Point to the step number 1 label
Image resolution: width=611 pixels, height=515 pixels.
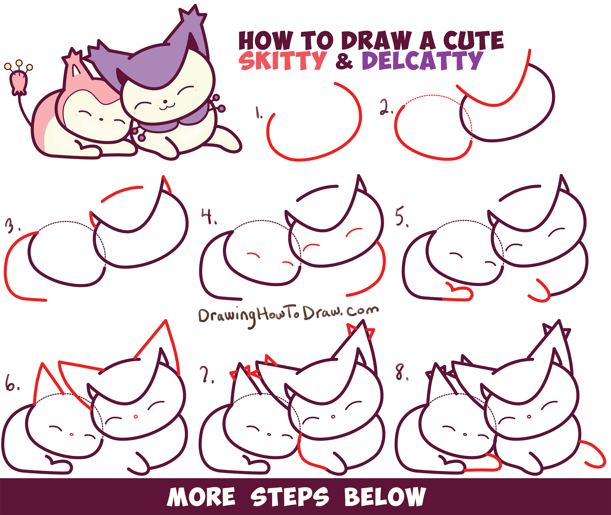(x=259, y=113)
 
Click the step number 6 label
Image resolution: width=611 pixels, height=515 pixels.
(x=12, y=384)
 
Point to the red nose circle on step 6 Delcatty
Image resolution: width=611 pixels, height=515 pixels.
(x=135, y=417)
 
